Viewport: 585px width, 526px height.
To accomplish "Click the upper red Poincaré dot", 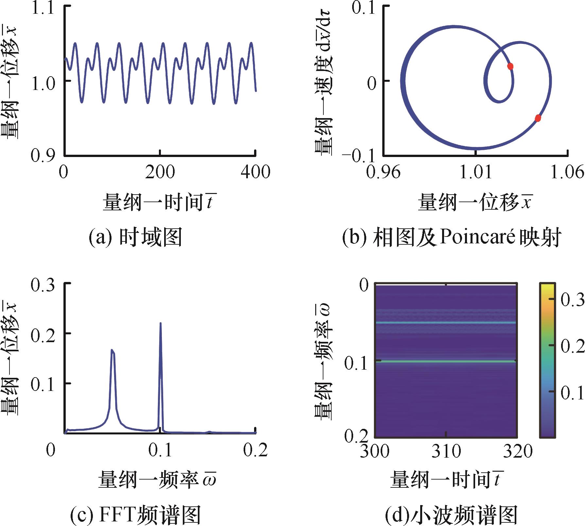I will coord(510,66).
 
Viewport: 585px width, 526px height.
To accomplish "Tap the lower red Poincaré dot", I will coord(538,118).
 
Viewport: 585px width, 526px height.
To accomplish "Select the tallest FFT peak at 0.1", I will coord(161,324).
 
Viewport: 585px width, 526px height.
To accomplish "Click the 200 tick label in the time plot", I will coord(160,172).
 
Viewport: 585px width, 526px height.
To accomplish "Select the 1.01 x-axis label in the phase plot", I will coord(476,172).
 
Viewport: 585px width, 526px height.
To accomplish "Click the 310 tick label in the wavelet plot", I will coord(446,451).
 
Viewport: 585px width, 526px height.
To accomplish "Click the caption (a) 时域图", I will coord(135,237).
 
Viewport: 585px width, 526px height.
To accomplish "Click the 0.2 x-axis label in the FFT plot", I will coord(255,450).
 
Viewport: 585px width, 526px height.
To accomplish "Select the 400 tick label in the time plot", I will coord(255,172).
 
